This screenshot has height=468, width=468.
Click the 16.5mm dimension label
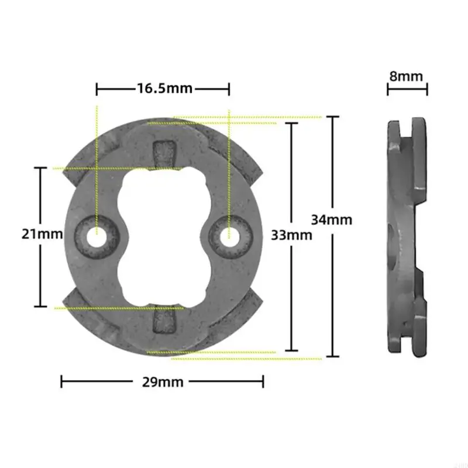[x=164, y=89]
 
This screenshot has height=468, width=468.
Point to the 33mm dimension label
[x=291, y=235]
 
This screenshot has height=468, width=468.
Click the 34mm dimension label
[x=332, y=220]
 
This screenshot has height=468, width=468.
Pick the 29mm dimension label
[x=162, y=382]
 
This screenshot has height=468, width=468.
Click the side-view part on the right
[x=405, y=237]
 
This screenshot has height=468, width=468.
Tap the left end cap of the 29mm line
[x=62, y=381]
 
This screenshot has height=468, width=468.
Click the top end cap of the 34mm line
[x=332, y=117]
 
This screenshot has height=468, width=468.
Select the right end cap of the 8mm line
[x=427, y=89]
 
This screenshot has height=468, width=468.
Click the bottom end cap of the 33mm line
[x=291, y=352]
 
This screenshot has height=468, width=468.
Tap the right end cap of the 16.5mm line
[x=229, y=89]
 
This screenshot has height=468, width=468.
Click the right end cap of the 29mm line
[x=263, y=381]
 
